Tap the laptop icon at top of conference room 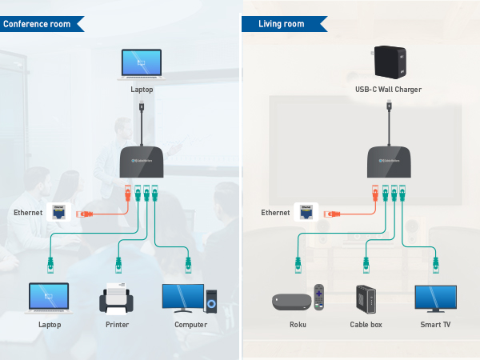[141, 65]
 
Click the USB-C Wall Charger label [388, 90]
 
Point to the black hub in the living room [389, 163]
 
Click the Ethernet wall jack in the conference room [59, 213]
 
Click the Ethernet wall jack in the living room [306, 213]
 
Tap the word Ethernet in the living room [275, 213]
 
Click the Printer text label [118, 325]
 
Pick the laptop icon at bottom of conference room [49, 298]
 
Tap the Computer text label [190, 325]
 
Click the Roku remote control [319, 297]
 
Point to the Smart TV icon [435, 298]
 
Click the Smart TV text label [435, 325]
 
